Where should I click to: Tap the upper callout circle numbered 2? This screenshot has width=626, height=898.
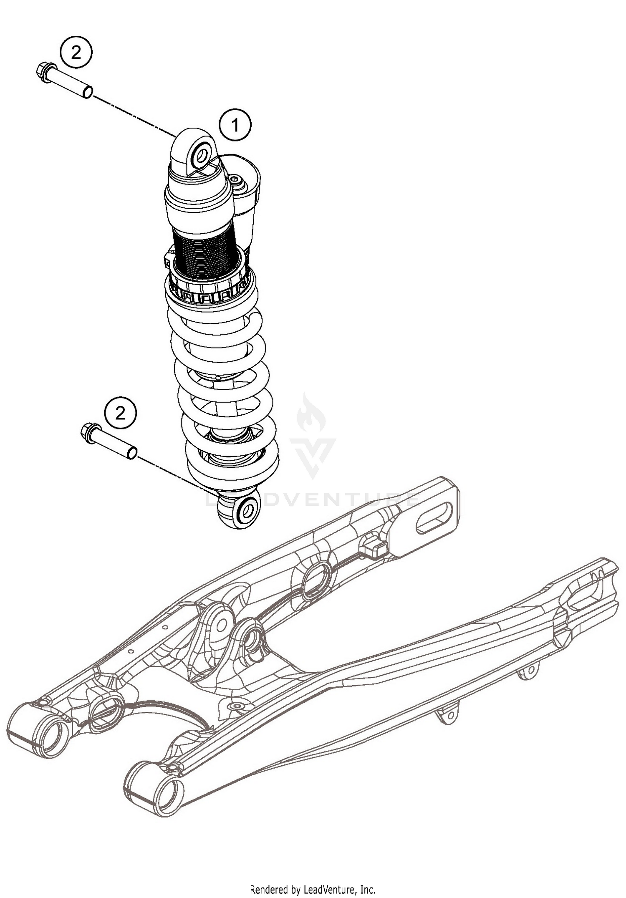click(76, 53)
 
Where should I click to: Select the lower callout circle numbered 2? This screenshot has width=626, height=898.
click(120, 414)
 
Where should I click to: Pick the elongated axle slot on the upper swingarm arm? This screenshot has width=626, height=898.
click(434, 517)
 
